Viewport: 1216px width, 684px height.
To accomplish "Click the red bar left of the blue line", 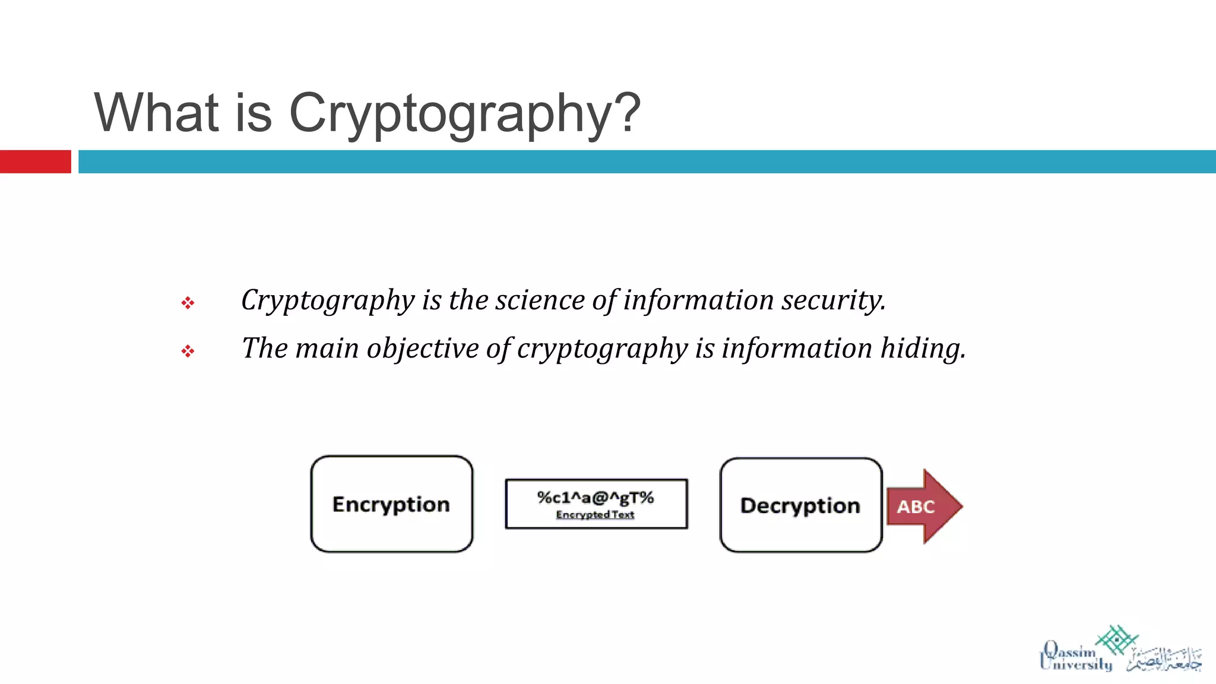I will pos(35,161).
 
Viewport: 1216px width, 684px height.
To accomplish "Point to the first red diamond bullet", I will pos(188,303).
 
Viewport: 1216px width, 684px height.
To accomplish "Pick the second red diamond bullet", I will pos(188,351).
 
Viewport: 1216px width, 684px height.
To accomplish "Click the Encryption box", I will pos(392,504).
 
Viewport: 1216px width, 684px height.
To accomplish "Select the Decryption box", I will pos(800,505).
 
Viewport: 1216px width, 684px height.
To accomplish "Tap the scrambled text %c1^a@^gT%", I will pos(596,498).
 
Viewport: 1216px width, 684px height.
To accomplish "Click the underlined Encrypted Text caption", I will pos(595,515).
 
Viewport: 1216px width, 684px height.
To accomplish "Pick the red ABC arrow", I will pos(923,506).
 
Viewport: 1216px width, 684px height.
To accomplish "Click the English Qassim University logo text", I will pos(1075,658).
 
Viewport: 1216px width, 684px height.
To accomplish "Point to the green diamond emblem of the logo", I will pos(1116,639).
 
